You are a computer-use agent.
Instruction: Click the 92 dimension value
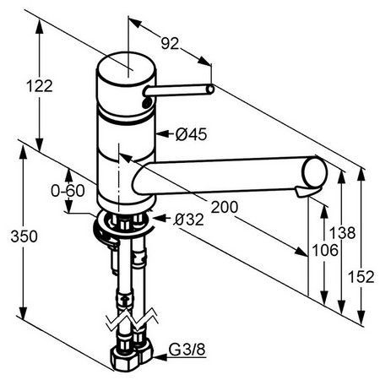click(x=170, y=43)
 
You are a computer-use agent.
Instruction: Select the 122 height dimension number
click(x=40, y=86)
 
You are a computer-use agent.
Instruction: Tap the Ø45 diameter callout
click(x=191, y=134)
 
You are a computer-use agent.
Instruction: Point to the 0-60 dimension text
click(x=68, y=191)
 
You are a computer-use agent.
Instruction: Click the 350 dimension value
click(x=24, y=236)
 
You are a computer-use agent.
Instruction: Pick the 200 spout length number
click(x=225, y=207)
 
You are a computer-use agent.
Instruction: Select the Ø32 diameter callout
click(x=188, y=220)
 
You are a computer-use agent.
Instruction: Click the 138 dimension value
click(x=343, y=233)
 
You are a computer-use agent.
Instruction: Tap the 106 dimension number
click(x=325, y=250)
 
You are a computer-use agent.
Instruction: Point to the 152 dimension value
click(x=361, y=277)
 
